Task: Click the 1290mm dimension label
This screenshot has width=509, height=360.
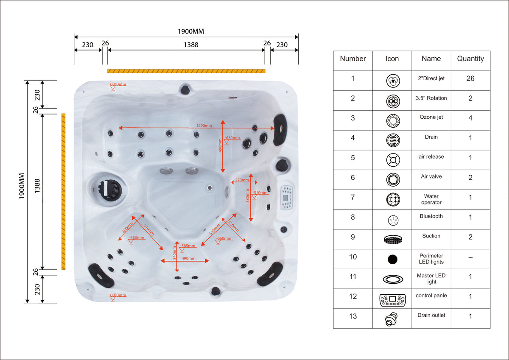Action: (x=204, y=126)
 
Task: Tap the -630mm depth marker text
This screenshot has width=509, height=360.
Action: (x=232, y=138)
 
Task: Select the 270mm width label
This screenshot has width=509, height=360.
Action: (x=242, y=180)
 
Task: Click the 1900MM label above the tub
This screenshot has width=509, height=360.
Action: (x=191, y=31)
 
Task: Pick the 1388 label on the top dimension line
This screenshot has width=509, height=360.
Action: (x=191, y=45)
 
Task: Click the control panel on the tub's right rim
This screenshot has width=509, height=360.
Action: (x=287, y=198)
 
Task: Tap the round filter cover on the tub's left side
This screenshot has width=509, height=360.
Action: (x=110, y=190)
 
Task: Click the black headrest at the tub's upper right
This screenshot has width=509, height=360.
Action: (x=280, y=130)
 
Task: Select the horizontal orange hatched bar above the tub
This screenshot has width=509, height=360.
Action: (x=186, y=71)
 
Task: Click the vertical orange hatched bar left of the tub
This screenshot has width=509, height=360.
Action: (x=63, y=192)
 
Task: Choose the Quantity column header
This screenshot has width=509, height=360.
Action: (x=470, y=59)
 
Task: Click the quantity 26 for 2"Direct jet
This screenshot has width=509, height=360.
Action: (x=470, y=78)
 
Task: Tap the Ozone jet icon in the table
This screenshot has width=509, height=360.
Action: (x=393, y=120)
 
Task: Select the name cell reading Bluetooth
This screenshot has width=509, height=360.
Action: (x=431, y=216)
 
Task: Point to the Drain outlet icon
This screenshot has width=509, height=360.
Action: (x=391, y=319)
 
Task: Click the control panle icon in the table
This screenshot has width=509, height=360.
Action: (x=392, y=300)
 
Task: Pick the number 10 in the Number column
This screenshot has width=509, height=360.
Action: (x=352, y=257)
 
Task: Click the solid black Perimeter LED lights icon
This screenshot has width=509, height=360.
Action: (x=392, y=259)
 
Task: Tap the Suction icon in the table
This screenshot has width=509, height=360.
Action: (x=393, y=240)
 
